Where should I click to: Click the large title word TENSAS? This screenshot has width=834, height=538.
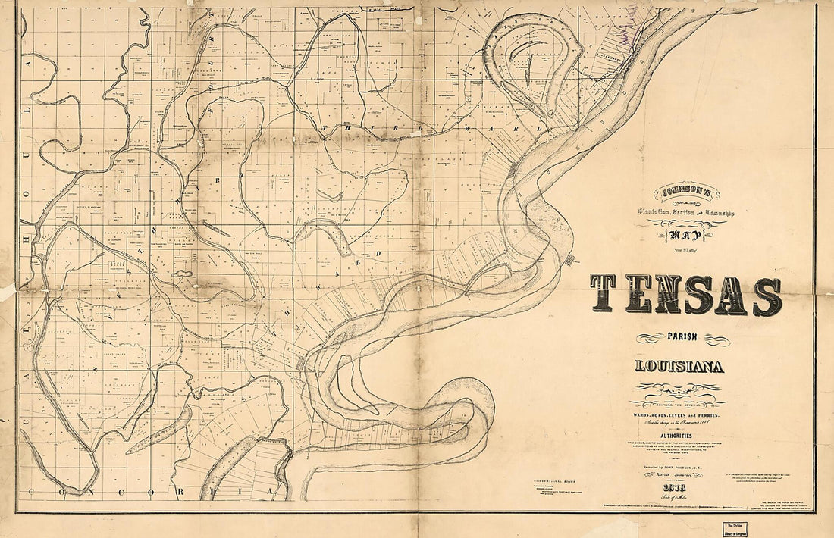click(685, 296)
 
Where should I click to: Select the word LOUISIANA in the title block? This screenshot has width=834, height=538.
click(679, 368)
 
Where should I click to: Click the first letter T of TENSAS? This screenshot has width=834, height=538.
click(607, 296)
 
